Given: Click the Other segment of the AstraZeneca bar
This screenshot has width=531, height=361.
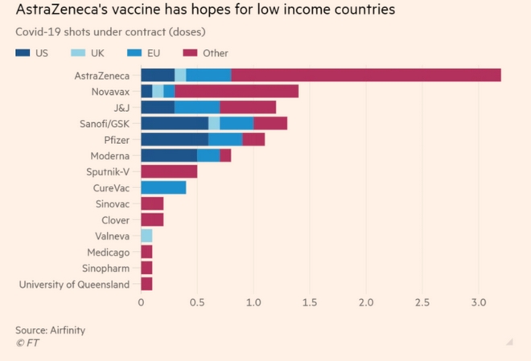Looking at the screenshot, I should pos(366,76).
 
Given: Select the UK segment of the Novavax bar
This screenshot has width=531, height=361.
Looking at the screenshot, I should pos(158,92).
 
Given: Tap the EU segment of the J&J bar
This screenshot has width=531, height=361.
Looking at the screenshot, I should pos(197,107).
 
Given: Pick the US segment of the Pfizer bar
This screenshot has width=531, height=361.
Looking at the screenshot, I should pos(175,139).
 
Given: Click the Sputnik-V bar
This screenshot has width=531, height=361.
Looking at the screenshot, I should pos(169,171).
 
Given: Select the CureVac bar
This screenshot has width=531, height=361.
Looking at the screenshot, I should pos(163,187).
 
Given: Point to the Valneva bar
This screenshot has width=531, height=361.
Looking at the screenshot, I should pos(146,236).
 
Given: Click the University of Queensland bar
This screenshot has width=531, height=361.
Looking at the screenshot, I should pos(146,284).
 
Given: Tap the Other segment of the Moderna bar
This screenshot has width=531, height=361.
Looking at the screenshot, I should pos(225,155).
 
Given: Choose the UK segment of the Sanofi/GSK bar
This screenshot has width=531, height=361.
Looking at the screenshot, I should pos(214,123).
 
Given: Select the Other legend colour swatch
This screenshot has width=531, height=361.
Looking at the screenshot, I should pos(191,54).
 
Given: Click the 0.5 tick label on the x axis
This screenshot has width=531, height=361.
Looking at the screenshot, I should pos(197,303).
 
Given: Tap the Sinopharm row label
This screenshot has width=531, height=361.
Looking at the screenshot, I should pos(108,268).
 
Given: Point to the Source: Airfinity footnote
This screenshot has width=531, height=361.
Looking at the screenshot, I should pos(50,330).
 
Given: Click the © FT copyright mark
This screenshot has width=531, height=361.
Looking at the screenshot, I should pos(27,343).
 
